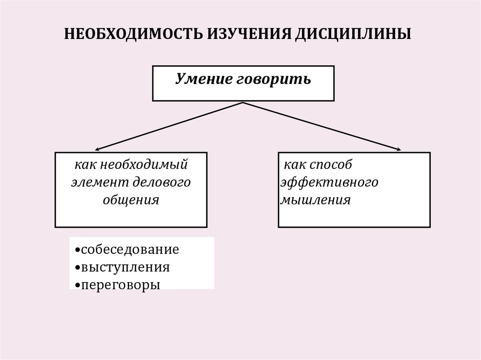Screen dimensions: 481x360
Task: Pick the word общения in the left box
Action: pyautogui.click(x=131, y=199)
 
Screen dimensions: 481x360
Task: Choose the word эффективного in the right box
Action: pyautogui.click(x=329, y=182)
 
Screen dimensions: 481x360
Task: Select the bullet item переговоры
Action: pyautogui.click(x=121, y=284)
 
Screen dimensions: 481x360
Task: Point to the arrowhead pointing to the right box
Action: pyautogui.click(x=399, y=150)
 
